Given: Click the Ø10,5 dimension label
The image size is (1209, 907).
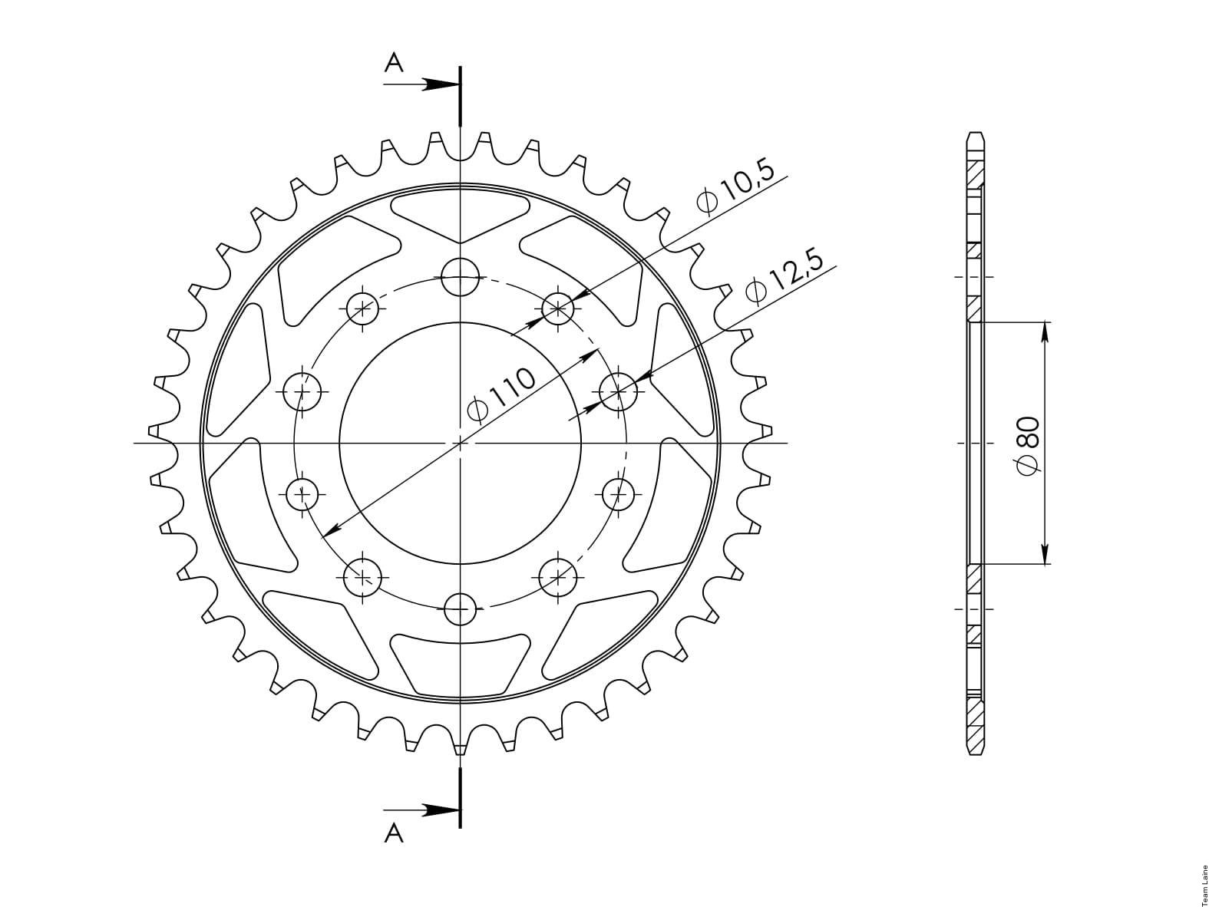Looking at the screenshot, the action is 735,187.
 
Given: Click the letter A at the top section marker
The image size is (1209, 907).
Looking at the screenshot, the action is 394,63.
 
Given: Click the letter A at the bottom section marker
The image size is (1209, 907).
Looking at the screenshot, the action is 394,834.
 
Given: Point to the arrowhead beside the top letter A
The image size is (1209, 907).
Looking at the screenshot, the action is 441,84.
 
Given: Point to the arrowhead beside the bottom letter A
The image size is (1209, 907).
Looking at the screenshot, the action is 441,810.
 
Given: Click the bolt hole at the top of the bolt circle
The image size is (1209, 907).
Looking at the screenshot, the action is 461,276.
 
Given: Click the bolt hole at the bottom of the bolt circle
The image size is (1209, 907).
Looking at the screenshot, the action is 461,609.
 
